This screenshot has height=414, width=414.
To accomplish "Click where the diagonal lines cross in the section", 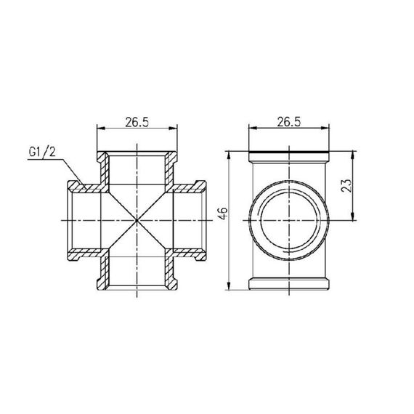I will [x=136, y=219].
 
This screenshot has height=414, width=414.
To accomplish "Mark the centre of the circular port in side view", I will [x=288, y=219].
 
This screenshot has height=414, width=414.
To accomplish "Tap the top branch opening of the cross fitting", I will [x=136, y=157].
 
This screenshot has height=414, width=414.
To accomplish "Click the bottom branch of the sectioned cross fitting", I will [x=136, y=282].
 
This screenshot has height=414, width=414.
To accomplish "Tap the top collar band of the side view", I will [x=288, y=155].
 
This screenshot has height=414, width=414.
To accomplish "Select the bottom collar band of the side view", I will [x=288, y=283].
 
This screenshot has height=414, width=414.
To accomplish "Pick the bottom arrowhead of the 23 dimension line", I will [x=354, y=216].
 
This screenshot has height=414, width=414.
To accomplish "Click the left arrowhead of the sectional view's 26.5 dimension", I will [x=100, y=130].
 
